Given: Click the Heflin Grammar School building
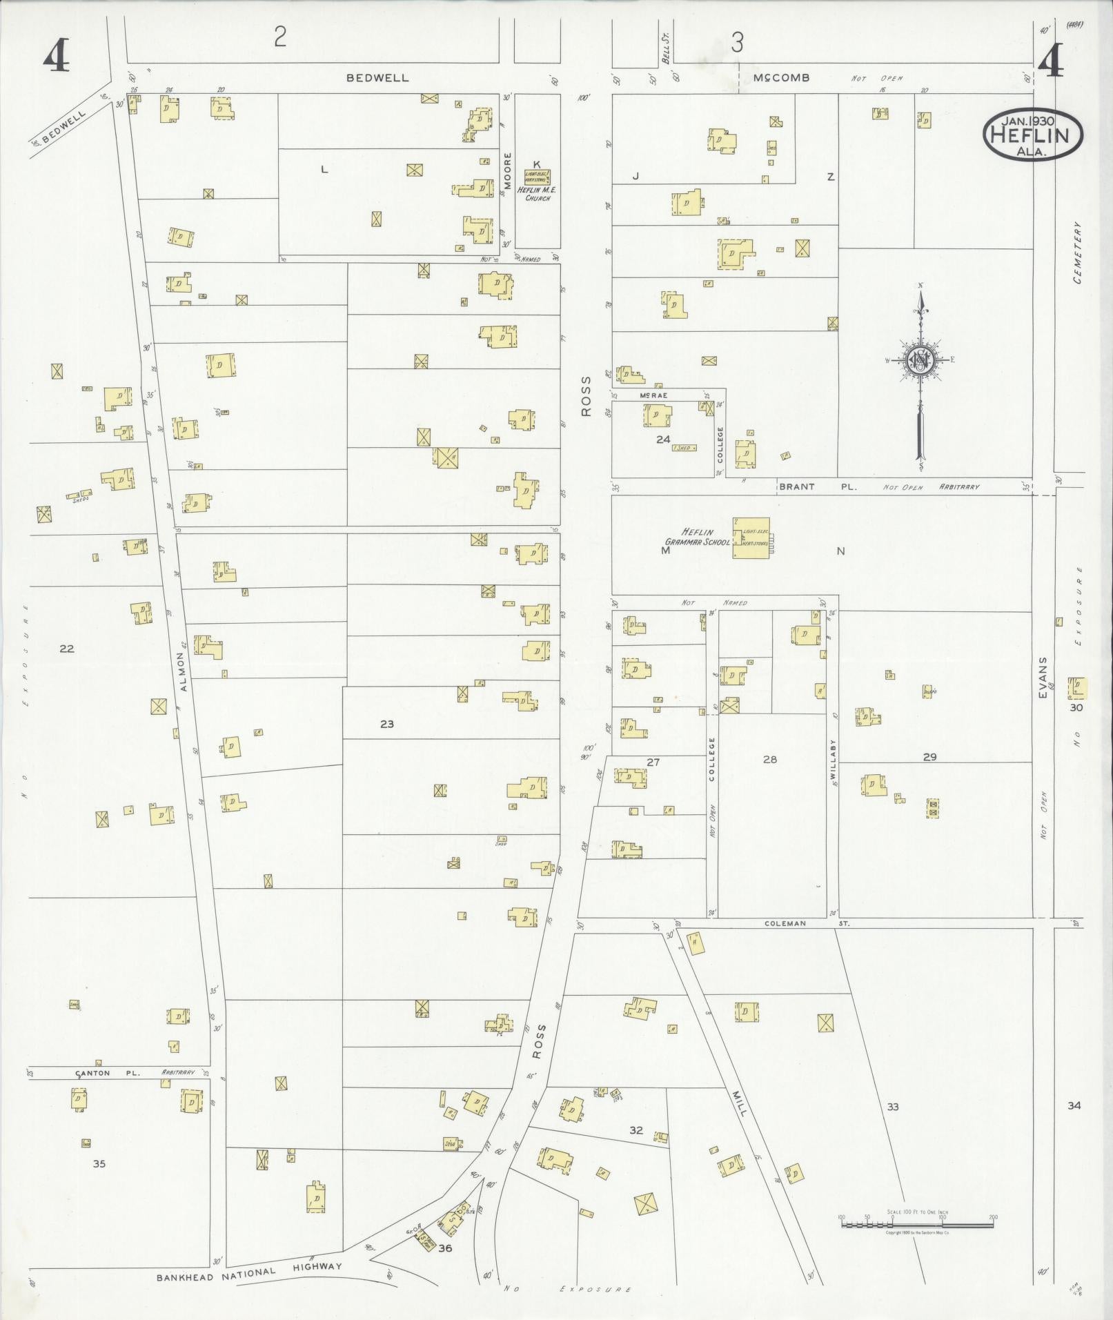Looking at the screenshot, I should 751,538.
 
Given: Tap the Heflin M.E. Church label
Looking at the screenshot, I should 537,194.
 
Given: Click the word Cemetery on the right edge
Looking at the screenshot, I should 1078,253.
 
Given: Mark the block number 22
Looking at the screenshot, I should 66,649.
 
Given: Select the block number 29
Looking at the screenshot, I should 929,757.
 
